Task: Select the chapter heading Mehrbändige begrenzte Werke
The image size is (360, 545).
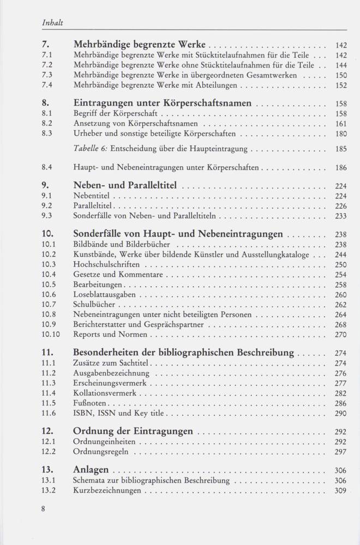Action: tap(140, 45)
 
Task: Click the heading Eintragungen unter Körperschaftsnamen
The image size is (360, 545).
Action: tap(162, 103)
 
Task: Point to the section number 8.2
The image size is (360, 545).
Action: tap(47, 124)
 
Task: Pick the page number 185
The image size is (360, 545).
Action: tap(340, 148)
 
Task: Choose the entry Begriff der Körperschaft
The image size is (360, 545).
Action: tap(115, 114)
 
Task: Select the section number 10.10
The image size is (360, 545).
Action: tap(51, 334)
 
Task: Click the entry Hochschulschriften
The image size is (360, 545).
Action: tap(105, 264)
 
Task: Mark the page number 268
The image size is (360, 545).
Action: tap(340, 324)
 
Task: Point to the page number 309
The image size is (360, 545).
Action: tap(340, 491)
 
